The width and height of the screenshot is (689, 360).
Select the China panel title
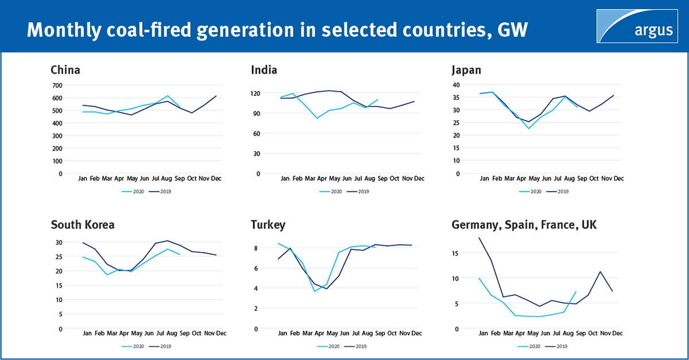[x=65, y=70]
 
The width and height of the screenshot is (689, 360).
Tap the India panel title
[x=264, y=70]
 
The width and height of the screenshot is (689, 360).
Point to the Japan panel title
[x=466, y=70]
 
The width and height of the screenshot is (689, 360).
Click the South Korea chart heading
[x=83, y=224]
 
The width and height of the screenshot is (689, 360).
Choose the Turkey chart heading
[x=268, y=224]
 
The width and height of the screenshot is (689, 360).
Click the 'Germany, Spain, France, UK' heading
[x=524, y=224]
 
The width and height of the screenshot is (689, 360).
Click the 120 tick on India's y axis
[x=256, y=93]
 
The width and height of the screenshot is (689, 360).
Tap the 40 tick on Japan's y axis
[x=456, y=85]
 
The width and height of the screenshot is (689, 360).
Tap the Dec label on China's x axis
[x=216, y=179]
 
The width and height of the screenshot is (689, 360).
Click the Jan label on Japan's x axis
[x=483, y=179]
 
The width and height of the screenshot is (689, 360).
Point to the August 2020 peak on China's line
[x=168, y=96]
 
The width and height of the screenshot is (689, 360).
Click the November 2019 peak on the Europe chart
[x=600, y=272]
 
